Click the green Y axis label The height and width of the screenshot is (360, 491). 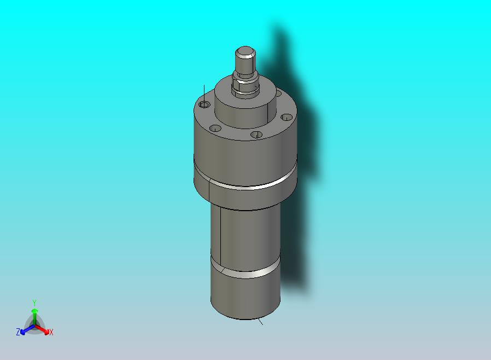(34, 303)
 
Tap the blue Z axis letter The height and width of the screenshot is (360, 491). (18, 332)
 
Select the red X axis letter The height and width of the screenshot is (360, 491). (51, 332)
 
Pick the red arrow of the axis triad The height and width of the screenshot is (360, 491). (42, 329)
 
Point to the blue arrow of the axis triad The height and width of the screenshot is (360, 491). (27, 329)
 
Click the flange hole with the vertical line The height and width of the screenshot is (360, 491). (204, 104)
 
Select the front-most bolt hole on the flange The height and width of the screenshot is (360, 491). (256, 135)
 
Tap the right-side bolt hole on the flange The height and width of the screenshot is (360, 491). (286, 118)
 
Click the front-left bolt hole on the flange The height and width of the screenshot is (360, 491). (215, 128)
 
